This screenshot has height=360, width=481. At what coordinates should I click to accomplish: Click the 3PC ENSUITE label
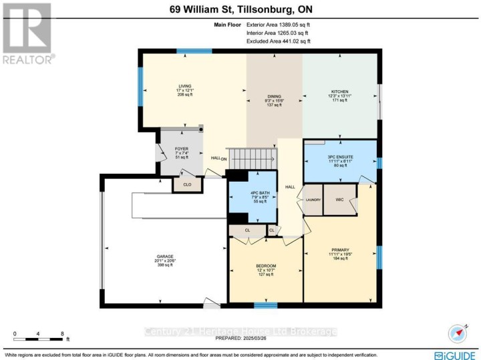(x=340, y=157)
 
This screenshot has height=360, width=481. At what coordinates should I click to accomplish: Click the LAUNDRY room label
(x=313, y=200)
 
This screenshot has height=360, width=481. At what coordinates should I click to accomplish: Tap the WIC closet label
(x=339, y=200)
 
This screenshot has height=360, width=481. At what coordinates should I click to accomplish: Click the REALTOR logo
(x=27, y=33)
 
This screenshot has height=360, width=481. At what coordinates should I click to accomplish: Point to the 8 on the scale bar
(x=61, y=333)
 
